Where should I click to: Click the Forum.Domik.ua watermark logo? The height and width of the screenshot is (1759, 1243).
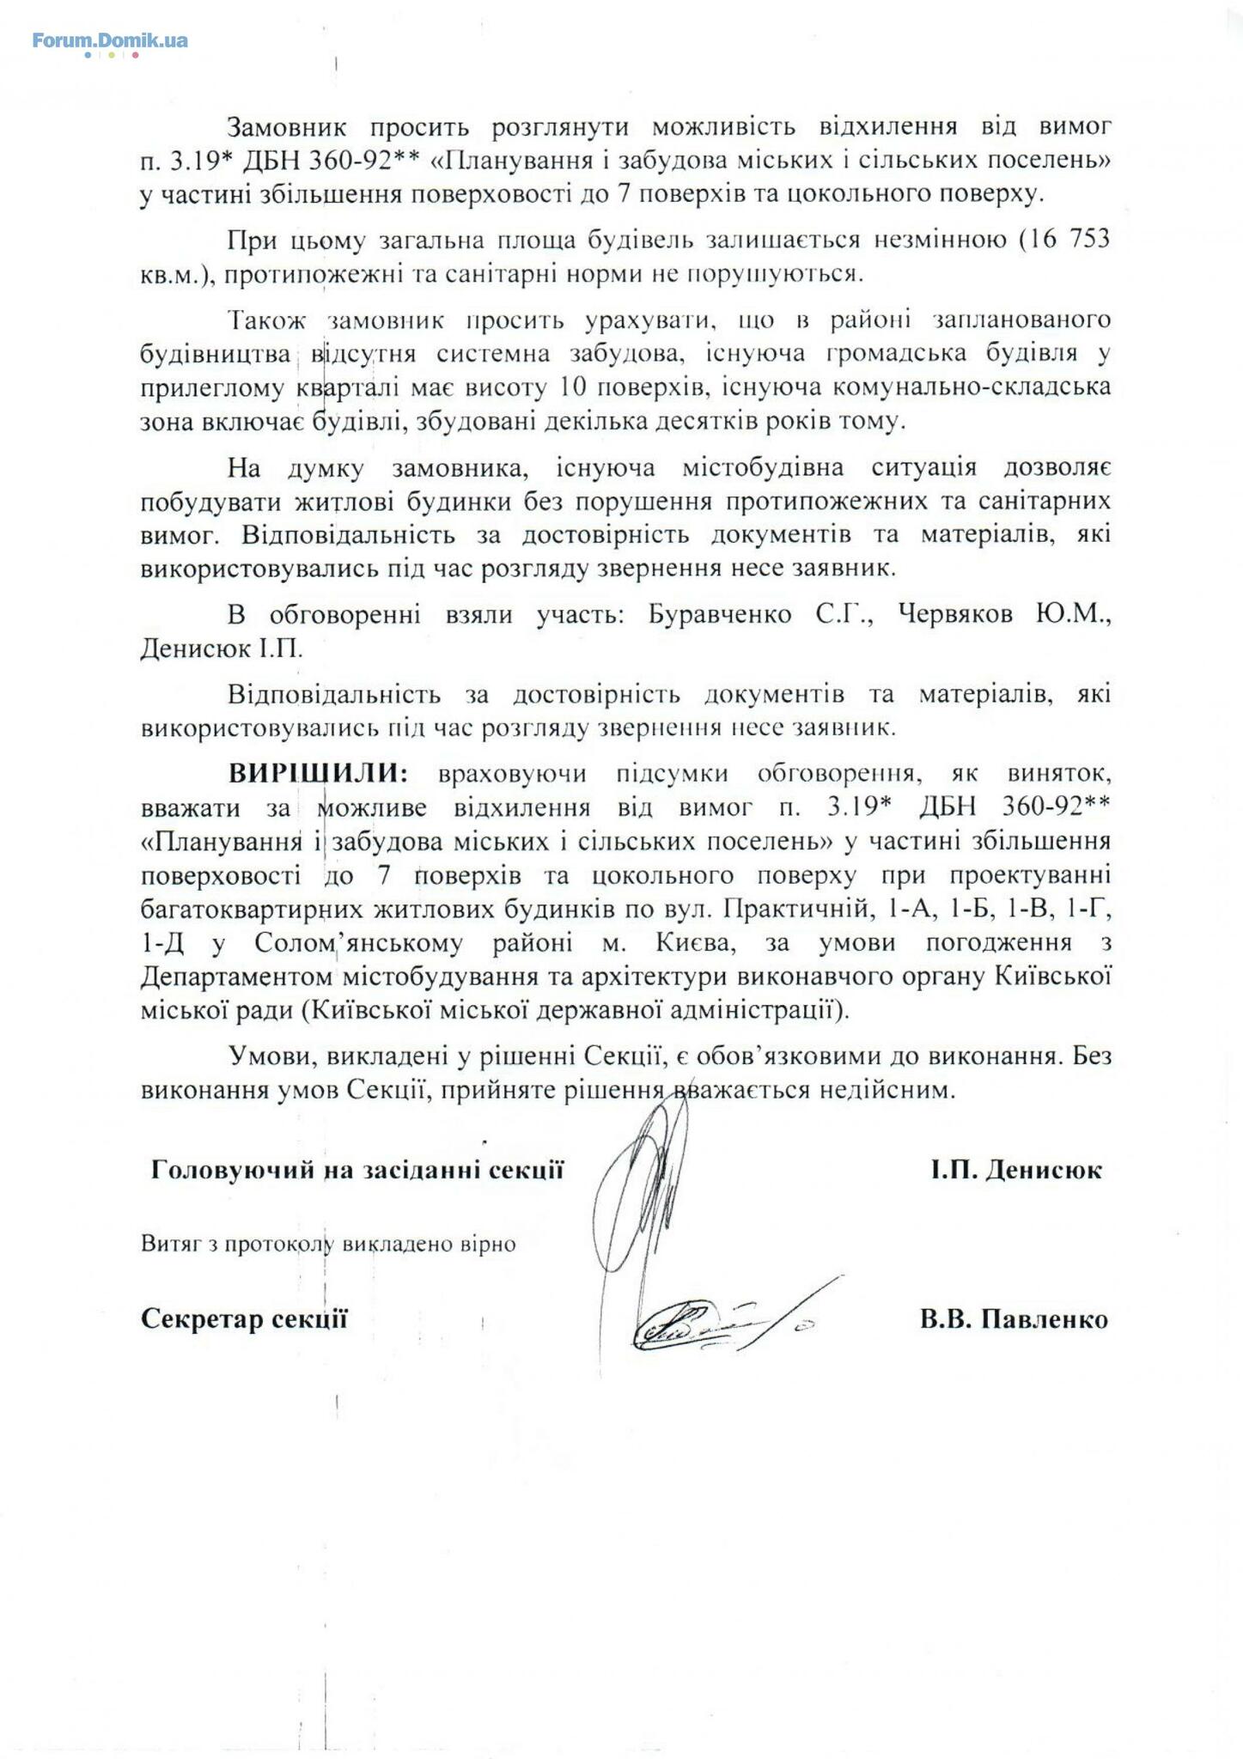coord(110,40)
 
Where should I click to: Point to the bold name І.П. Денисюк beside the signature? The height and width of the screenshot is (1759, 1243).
coord(1016,1170)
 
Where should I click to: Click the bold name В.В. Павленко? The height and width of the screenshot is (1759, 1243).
coord(1014,1319)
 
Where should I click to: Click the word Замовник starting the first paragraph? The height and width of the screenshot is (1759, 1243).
coord(287,127)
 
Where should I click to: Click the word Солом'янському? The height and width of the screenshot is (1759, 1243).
coord(359,943)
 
